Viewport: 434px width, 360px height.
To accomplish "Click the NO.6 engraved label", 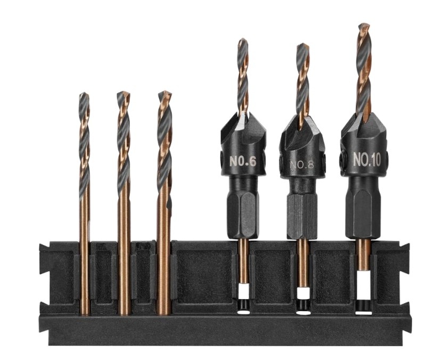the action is pos(243,161).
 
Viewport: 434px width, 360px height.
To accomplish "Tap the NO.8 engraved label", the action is pos(302,165).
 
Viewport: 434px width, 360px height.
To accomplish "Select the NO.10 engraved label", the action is pos(367,159).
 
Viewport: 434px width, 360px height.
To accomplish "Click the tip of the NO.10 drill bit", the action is pos(364,25).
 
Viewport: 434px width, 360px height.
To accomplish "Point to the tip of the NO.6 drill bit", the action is pos(242,39).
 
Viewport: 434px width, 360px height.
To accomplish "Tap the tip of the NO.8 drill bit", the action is pos(302,45).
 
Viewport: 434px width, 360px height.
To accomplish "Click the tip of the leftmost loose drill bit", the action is pos(84,94).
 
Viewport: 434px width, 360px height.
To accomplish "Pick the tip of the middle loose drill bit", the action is pos(123,93).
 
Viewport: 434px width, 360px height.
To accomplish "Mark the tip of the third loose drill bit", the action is pos(165,92).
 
